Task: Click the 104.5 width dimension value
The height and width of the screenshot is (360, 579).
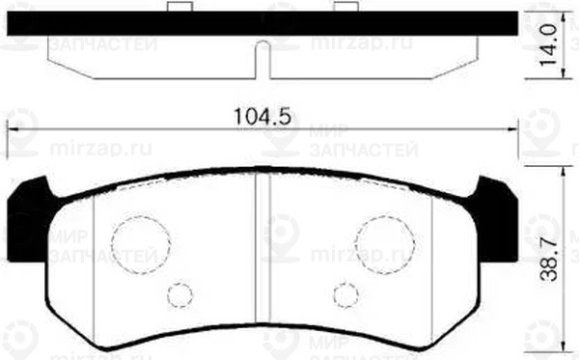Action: pos(262,117)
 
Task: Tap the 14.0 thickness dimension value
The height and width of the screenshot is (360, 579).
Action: pos(549,45)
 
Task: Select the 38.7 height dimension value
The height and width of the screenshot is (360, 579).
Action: pos(549,260)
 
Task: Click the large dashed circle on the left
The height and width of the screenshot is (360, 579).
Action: pos(141,244)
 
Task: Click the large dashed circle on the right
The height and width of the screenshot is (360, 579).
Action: pos(385,244)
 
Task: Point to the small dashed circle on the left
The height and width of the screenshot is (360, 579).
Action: pos(179,295)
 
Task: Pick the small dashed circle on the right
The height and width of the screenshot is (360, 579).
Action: pos(345,295)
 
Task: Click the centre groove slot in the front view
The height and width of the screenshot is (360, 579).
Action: pos(262,248)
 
